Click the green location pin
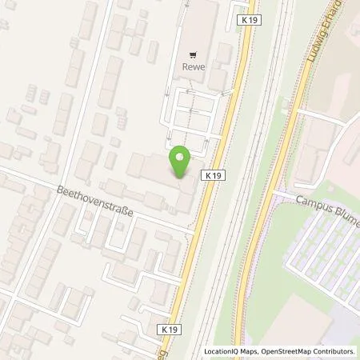[179, 162]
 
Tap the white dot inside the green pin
[179, 157]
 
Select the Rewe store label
[193, 66]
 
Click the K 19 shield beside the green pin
[213, 174]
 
